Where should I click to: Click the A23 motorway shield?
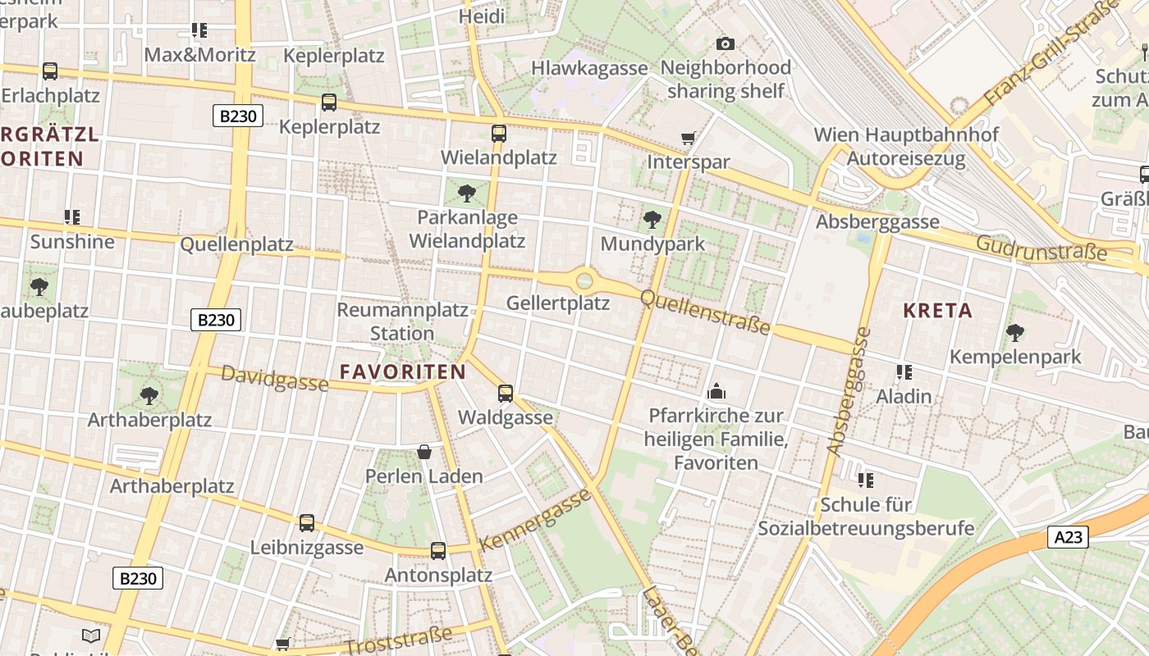[1069, 537]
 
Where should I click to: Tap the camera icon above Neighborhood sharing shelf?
[726, 43]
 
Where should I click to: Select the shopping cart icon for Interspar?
[689, 138]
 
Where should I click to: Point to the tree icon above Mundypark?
[652, 219]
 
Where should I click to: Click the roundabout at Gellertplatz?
[584, 280]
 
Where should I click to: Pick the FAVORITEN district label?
[403, 371]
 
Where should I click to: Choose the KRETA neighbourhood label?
[937, 311]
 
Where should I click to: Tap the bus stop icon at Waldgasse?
[506, 394]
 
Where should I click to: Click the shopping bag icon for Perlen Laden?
[424, 452]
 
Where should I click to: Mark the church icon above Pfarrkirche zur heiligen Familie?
[716, 391]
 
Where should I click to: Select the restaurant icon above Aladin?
[904, 372]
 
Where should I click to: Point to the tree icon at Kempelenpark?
[1015, 332]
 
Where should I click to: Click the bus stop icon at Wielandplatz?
[499, 134]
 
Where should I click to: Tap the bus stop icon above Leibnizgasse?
[307, 522]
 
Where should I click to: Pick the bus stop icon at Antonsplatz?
[438, 551]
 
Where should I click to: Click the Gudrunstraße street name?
[1041, 246]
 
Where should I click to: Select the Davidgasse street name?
[275, 379]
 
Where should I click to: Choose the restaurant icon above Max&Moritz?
[199, 30]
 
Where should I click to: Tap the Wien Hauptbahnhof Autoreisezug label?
[906, 146]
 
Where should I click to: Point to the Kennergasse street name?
[535, 520]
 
